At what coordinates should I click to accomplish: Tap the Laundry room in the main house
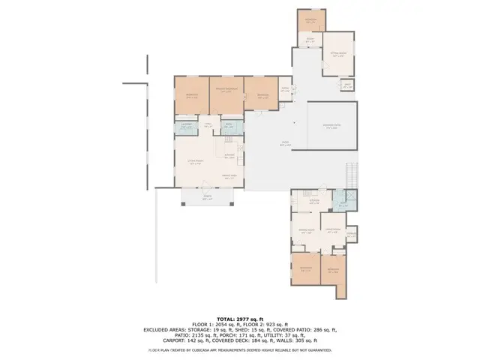pyautogui.click(x=188, y=127)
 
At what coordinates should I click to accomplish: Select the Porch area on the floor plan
pyautogui.click(x=208, y=198)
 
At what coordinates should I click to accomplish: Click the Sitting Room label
pyautogui.click(x=336, y=55)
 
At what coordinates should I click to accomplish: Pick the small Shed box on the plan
pyautogui.click(x=346, y=85)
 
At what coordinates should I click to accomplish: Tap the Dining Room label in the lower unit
pyautogui.click(x=306, y=232)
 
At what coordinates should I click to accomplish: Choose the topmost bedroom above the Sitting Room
pyautogui.click(x=310, y=20)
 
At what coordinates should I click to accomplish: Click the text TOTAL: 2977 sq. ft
pyautogui.click(x=239, y=318)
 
